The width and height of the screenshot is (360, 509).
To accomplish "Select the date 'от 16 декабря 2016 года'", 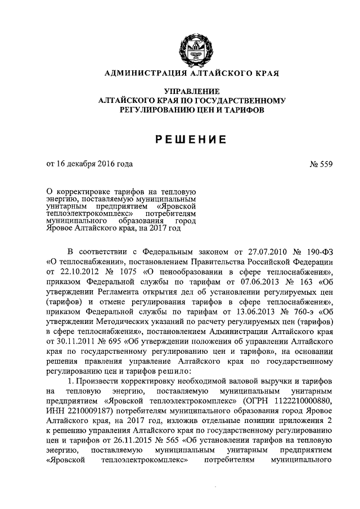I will [x=89, y=164].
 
